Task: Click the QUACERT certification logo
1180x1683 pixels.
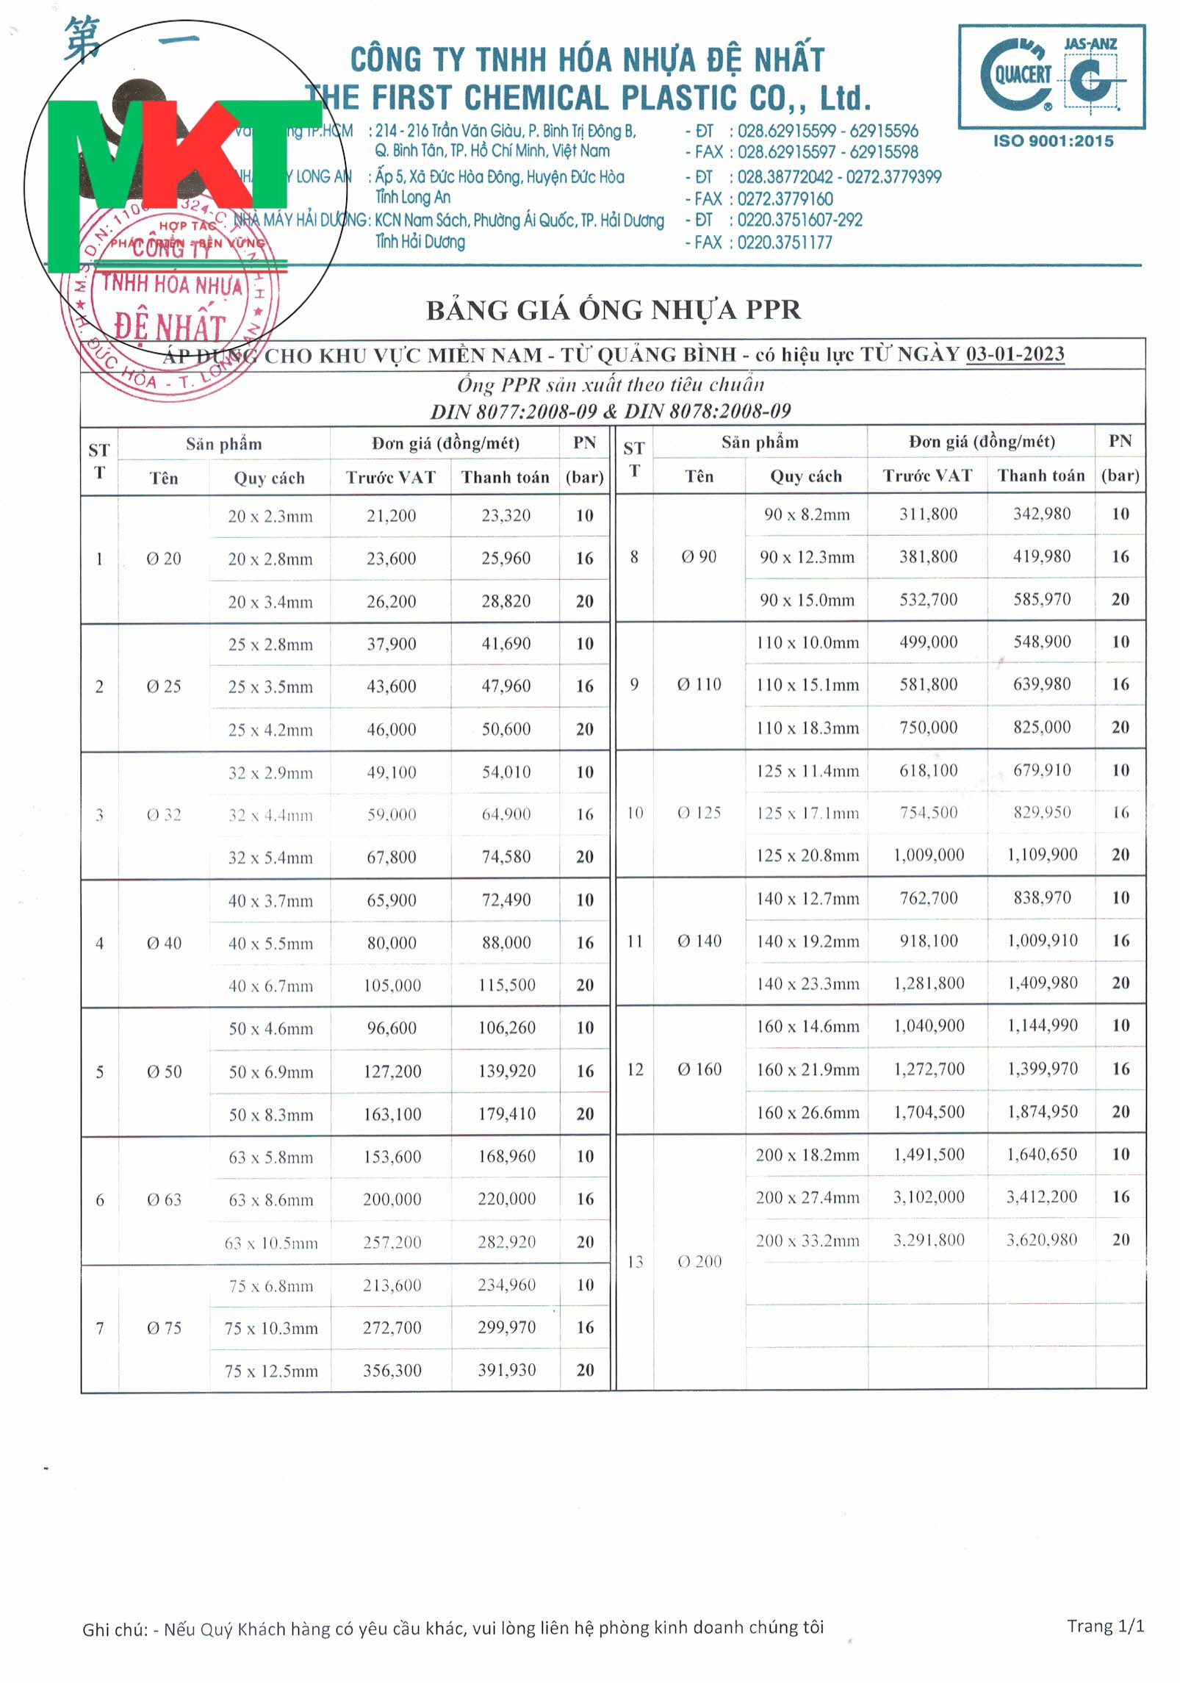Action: [1051, 76]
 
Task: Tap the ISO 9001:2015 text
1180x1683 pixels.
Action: [1053, 141]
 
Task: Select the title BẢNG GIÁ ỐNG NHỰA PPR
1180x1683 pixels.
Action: [613, 310]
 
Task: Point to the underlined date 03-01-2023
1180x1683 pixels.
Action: [1014, 354]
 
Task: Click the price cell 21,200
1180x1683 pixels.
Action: [391, 516]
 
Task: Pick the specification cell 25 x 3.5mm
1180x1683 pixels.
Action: [270, 686]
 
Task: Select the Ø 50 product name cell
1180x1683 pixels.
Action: [164, 1072]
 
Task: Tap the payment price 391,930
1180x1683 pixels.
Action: [506, 1370]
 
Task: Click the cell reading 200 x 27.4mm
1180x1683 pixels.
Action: [807, 1197]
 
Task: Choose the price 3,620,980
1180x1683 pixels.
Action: [1041, 1240]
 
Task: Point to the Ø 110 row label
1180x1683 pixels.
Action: [699, 684]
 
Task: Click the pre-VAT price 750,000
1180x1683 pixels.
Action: [928, 727]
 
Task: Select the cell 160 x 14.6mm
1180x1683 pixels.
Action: [807, 1026]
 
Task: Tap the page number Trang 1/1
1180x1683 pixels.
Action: [1105, 1626]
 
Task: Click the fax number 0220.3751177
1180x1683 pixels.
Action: [784, 243]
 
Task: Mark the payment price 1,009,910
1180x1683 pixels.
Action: [1042, 941]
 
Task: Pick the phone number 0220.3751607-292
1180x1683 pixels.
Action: [799, 220]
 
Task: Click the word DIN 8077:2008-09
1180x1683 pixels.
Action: [514, 412]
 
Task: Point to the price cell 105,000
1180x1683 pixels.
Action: [392, 985]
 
